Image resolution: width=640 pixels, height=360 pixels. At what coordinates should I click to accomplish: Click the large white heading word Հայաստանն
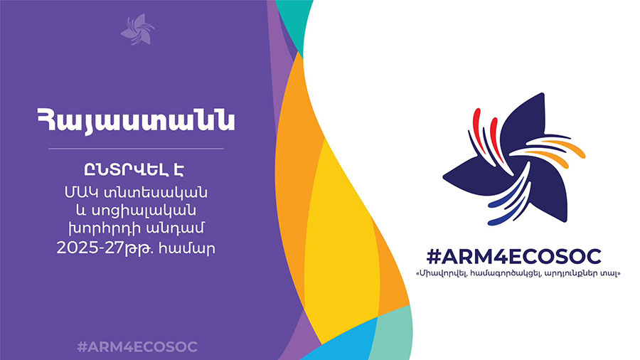point(136,120)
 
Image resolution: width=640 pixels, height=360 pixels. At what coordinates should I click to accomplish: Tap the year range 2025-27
point(90,248)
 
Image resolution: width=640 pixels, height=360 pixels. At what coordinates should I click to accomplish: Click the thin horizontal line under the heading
point(136,149)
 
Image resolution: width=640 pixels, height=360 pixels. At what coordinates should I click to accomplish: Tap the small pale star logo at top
point(137,29)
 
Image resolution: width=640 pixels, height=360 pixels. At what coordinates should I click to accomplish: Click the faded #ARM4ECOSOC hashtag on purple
point(137,347)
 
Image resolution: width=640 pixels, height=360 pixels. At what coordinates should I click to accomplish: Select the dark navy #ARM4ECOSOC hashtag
point(513,257)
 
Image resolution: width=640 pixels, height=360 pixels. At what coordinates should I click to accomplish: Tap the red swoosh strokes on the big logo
point(486,132)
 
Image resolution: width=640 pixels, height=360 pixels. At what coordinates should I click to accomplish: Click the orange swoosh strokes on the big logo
point(559,148)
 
